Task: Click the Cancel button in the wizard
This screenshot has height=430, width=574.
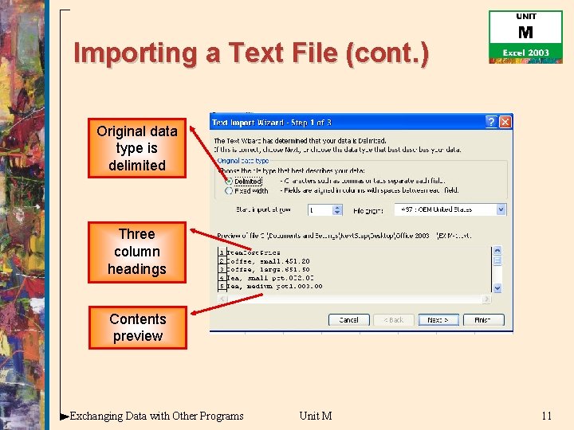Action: click(x=348, y=319)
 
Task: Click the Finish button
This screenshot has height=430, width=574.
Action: click(x=482, y=319)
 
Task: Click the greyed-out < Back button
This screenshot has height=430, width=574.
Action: click(x=393, y=319)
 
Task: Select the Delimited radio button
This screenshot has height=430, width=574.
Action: click(x=230, y=182)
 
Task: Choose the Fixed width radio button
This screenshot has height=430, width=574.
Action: click(x=230, y=191)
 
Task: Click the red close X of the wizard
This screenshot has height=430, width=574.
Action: click(x=505, y=122)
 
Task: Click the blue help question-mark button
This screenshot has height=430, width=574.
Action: click(x=490, y=122)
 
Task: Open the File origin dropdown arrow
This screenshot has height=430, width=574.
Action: click(x=501, y=209)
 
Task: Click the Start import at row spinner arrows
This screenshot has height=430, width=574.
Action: click(x=336, y=209)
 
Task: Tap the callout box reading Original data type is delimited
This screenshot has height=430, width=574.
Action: click(x=137, y=148)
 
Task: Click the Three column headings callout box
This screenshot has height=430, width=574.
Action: click(x=137, y=252)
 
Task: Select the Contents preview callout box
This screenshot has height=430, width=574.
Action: click(x=137, y=327)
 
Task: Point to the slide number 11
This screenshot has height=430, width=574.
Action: click(x=546, y=416)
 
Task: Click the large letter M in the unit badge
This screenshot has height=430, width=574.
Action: click(x=525, y=33)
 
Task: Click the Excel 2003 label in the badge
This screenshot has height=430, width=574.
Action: click(x=525, y=53)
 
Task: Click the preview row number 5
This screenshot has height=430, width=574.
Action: click(x=222, y=286)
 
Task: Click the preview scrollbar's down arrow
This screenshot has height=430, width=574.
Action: click(x=497, y=287)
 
